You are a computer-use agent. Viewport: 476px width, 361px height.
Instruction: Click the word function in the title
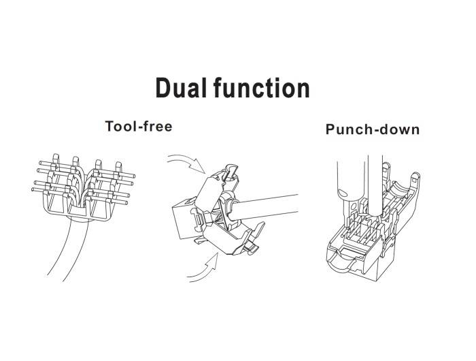coord(261,89)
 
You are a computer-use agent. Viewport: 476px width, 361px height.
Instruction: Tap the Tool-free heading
coord(139,126)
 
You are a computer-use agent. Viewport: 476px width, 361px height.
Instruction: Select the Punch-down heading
coord(372,129)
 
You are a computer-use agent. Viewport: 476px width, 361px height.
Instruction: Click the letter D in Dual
coord(163,89)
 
